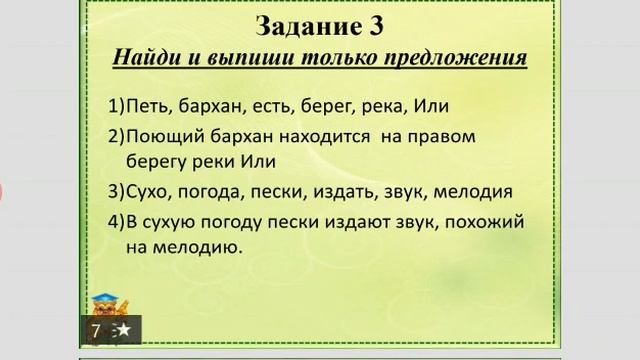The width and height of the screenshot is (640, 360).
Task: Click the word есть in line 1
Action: coord(264,106)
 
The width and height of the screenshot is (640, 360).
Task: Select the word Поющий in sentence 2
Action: coord(164,135)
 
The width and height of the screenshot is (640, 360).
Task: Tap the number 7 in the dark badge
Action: coord(96,330)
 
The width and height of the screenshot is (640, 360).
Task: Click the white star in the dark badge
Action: coord(123,329)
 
